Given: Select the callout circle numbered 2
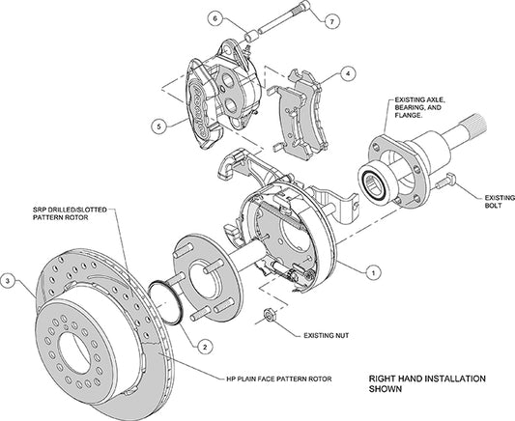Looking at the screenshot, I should (204, 344).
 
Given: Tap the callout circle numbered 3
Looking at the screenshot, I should (9, 281).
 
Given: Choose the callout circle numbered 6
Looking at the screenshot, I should (216, 17).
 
